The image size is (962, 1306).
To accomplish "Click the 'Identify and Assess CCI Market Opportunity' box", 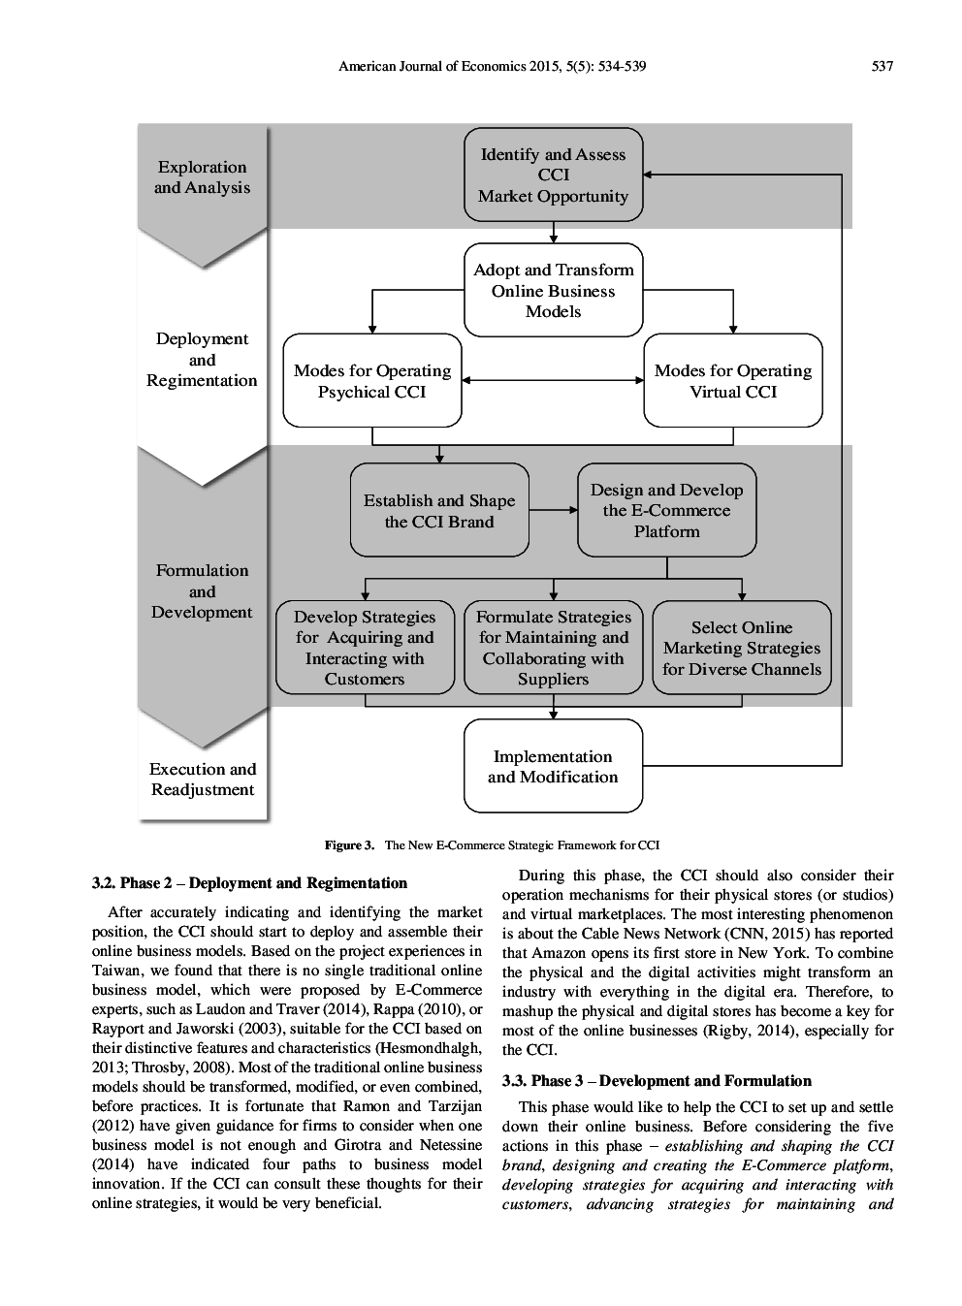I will pyautogui.click(x=553, y=175).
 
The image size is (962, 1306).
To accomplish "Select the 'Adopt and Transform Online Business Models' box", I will pyautogui.click(x=553, y=291).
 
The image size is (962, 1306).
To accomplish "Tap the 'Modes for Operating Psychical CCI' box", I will pyautogui.click(x=371, y=381).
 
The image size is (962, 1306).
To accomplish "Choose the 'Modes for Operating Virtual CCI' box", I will pyautogui.click(x=732, y=381).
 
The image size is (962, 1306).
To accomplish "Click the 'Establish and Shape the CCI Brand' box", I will pyautogui.click(x=439, y=511).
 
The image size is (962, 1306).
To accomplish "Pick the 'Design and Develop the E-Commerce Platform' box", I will pyautogui.click(x=666, y=511).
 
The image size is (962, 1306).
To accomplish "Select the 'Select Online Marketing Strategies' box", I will pyautogui.click(x=741, y=648).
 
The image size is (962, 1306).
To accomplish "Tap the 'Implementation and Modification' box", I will pyautogui.click(x=553, y=766).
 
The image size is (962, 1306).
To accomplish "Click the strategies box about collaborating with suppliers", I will pyautogui.click(x=553, y=648).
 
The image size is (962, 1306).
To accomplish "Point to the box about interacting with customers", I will pyautogui.click(x=365, y=648).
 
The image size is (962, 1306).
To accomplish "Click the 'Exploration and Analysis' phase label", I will pyautogui.click(x=202, y=177).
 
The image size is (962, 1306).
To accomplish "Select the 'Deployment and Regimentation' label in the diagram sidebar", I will pyautogui.click(x=202, y=360).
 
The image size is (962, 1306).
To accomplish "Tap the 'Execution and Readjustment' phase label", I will pyautogui.click(x=202, y=779).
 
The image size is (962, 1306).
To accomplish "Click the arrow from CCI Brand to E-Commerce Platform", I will pyautogui.click(x=553, y=510).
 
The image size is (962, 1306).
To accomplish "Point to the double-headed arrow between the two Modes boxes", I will pyautogui.click(x=553, y=380).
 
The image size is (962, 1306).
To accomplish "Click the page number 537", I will pyautogui.click(x=882, y=66).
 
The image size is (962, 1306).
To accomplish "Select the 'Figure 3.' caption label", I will pyautogui.click(x=349, y=845).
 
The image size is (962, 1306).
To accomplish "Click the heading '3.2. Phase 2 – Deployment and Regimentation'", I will pyautogui.click(x=249, y=882).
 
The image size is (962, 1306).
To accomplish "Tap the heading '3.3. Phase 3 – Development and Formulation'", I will pyautogui.click(x=657, y=1080).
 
